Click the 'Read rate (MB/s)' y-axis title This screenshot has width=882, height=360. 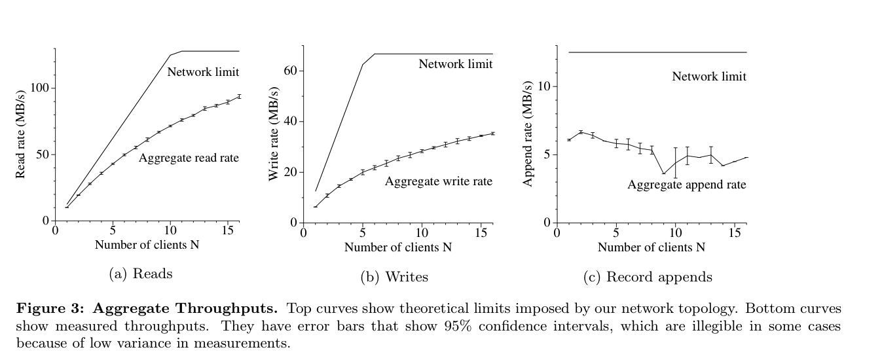pyautogui.click(x=21, y=135)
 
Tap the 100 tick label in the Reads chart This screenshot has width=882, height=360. pyautogui.click(x=41, y=88)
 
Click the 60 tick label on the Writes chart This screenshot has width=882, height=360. pyautogui.click(x=291, y=71)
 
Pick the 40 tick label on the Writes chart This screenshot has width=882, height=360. pyautogui.click(x=291, y=122)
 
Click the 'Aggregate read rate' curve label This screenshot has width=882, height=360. pyautogui.click(x=189, y=158)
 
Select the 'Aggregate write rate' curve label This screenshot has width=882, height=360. pyautogui.click(x=438, y=181)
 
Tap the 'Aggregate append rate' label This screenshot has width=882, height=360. pyautogui.click(x=686, y=185)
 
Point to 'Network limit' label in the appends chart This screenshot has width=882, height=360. pyautogui.click(x=708, y=77)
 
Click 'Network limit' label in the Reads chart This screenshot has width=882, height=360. pyautogui.click(x=203, y=72)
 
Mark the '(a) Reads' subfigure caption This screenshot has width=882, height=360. pyautogui.click(x=140, y=274)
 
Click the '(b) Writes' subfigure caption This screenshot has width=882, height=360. pyautogui.click(x=394, y=277)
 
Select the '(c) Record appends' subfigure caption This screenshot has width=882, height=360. pyautogui.click(x=647, y=277)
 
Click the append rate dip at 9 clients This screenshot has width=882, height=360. pyautogui.click(x=663, y=173)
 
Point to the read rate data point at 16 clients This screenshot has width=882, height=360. pyautogui.click(x=239, y=96)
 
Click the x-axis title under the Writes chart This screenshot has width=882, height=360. pyautogui.click(x=397, y=247)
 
